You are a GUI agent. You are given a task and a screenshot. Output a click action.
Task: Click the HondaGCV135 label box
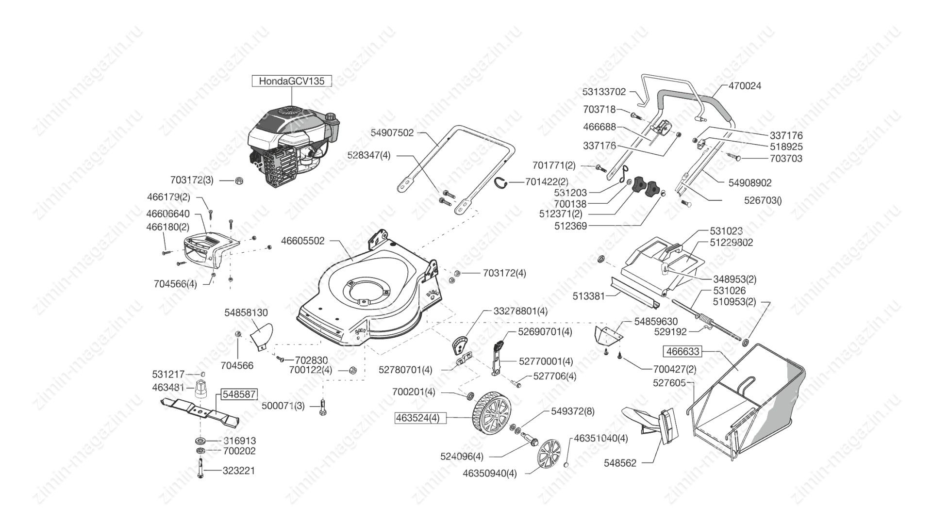(x=291, y=81)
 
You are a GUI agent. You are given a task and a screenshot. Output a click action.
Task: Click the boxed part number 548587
(x=239, y=394)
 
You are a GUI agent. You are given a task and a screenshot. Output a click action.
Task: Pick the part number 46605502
(x=303, y=241)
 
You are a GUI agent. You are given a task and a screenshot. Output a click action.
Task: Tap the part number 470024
(x=745, y=86)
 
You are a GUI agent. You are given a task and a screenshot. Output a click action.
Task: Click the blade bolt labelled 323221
(x=200, y=469)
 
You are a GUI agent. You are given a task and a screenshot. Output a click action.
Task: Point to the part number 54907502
(x=392, y=133)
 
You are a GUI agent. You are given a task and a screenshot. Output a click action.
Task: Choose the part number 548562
(x=620, y=463)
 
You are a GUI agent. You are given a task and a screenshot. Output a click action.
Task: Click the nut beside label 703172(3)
(x=239, y=180)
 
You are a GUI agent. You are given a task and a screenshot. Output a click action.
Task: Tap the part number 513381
(x=589, y=296)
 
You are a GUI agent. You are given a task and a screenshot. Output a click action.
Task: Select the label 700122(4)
(x=311, y=370)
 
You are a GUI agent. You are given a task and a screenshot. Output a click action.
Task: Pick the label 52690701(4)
(x=545, y=332)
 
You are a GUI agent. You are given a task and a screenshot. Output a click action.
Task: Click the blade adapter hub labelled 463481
(x=201, y=390)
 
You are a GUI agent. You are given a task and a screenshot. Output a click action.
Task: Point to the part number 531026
(x=729, y=291)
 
